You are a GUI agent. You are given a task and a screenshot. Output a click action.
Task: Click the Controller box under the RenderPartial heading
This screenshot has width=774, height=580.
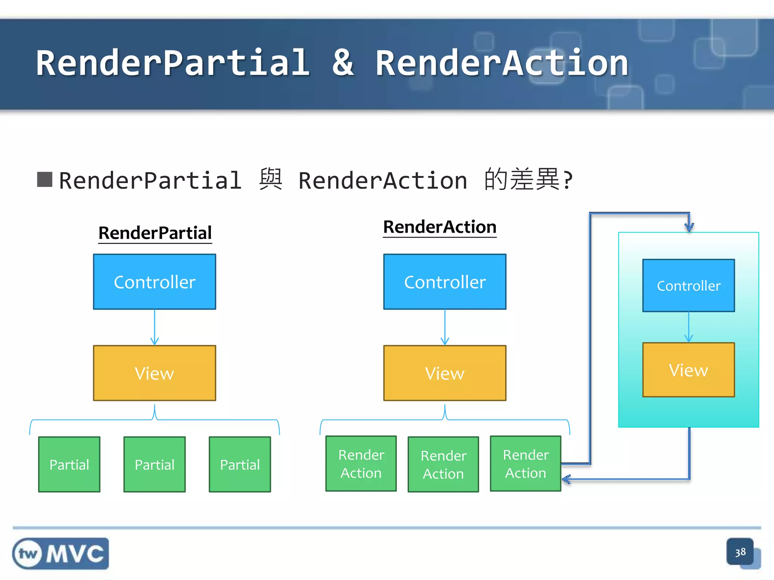tap(155, 282)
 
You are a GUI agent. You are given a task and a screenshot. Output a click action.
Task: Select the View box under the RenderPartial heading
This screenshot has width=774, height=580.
tap(155, 373)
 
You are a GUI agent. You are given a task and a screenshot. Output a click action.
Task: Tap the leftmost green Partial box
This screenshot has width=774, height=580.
tap(69, 464)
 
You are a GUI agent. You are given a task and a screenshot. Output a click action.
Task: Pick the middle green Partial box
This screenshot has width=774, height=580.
tap(155, 464)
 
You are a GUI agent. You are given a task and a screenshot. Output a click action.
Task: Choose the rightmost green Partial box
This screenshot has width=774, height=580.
tap(240, 464)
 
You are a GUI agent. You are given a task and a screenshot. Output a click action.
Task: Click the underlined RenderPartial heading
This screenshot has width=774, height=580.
tap(155, 233)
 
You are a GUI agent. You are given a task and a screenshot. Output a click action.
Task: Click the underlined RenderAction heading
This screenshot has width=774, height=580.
tap(440, 227)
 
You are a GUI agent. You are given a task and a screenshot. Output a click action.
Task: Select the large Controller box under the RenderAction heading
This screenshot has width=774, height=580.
tap(445, 282)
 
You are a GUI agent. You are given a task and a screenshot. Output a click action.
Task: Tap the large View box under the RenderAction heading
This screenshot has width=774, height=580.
tap(445, 373)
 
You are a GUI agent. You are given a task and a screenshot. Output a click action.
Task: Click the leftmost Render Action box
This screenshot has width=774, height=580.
tap(361, 464)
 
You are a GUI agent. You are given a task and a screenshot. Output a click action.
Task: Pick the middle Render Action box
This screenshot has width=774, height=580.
tap(443, 464)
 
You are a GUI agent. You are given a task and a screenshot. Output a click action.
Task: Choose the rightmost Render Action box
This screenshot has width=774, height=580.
tap(525, 464)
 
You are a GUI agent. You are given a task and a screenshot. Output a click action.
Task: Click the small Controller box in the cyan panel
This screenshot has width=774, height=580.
tap(689, 285)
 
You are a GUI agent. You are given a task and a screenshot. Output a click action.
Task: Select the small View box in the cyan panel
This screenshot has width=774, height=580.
tap(689, 370)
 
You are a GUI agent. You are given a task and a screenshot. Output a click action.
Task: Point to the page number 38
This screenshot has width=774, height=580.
tap(740, 552)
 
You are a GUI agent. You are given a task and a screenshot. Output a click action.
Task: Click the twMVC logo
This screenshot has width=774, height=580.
tap(60, 554)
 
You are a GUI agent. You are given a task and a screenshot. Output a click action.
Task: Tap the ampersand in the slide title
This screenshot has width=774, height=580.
tap(343, 63)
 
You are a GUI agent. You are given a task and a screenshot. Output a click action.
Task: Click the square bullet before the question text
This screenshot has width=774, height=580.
tap(45, 180)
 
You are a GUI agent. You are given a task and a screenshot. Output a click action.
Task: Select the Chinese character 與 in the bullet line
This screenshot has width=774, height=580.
tap(271, 180)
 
